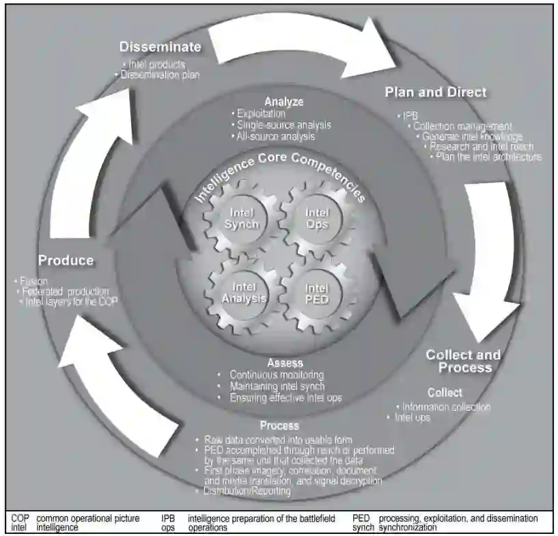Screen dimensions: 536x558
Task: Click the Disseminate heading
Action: pyautogui.click(x=161, y=47)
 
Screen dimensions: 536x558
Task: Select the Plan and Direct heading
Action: pyautogui.click(x=436, y=92)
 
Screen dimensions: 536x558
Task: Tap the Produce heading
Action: pyautogui.click(x=66, y=260)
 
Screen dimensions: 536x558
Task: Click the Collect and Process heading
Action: pyautogui.click(x=463, y=361)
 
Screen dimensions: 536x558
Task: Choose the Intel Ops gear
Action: pyautogui.click(x=317, y=217)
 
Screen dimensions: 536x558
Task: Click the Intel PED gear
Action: pyautogui.click(x=317, y=293)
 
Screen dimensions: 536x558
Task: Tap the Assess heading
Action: pyautogui.click(x=285, y=362)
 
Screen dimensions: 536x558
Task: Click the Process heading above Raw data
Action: pyautogui.click(x=279, y=426)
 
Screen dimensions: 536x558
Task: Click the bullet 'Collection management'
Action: pyautogui.click(x=462, y=126)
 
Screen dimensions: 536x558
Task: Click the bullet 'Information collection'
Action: pyautogui.click(x=446, y=407)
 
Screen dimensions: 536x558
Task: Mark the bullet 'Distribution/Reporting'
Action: pyautogui.click(x=247, y=491)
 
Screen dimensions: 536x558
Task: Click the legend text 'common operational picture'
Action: pyautogui.click(x=87, y=519)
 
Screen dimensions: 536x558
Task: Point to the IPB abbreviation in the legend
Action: pyautogui.click(x=168, y=519)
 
